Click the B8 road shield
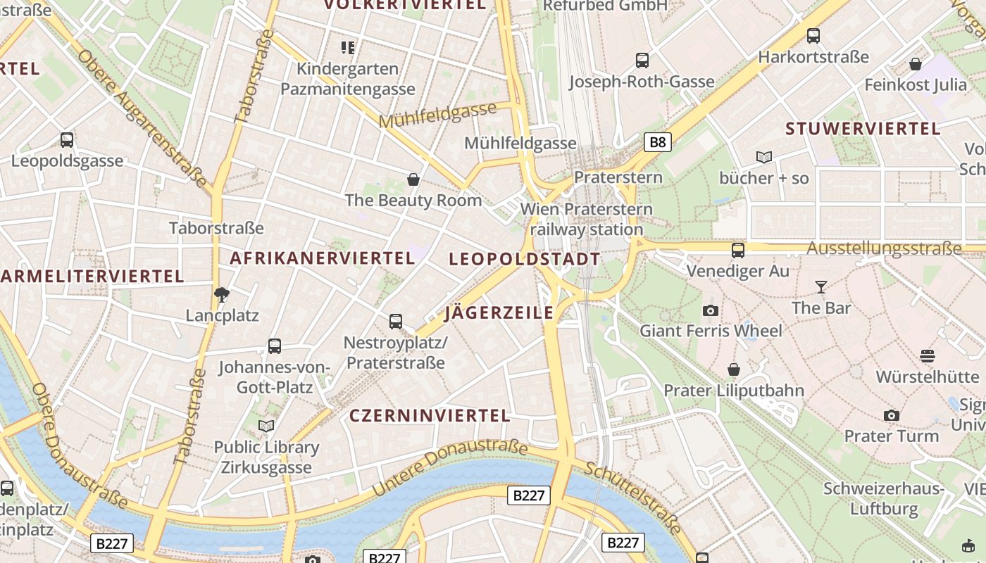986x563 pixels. click(657, 142)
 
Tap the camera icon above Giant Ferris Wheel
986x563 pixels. click(711, 310)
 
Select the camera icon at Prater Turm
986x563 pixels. click(892, 416)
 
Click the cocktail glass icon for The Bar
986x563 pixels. click(820, 286)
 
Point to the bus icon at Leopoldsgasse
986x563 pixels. click(67, 140)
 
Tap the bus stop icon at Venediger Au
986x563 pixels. click(738, 250)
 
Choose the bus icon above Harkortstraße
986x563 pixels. click(813, 36)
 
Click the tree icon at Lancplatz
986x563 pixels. click(222, 295)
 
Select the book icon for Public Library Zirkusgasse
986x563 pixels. click(266, 426)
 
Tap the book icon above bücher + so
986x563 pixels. click(764, 157)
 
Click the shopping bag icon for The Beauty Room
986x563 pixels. click(413, 179)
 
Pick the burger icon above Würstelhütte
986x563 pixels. click(927, 356)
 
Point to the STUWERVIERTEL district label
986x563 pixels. click(863, 129)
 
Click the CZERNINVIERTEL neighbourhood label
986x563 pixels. click(430, 415)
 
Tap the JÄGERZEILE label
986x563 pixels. click(499, 313)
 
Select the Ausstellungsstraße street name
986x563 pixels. click(884, 248)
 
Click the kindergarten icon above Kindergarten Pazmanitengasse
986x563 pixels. click(348, 48)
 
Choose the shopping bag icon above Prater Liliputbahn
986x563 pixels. click(734, 369)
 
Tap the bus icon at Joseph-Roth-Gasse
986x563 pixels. click(642, 61)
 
